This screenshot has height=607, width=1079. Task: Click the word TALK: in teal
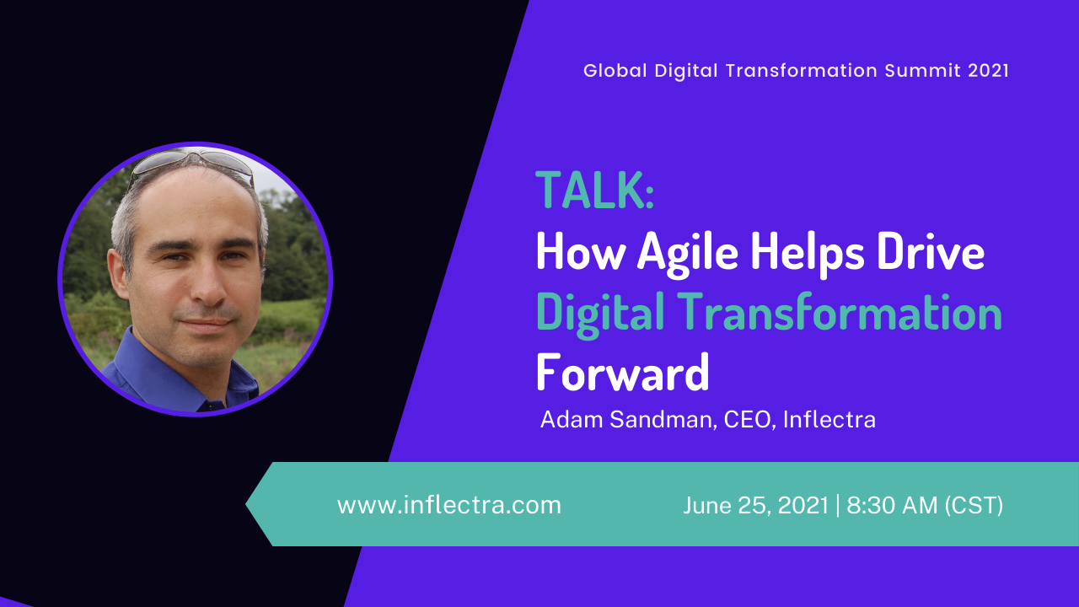[594, 190]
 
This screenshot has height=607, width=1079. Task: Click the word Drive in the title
[931, 251]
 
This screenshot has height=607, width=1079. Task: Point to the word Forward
[622, 372]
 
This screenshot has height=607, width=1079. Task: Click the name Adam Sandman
[625, 419]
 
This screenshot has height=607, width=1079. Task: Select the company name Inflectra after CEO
[829, 419]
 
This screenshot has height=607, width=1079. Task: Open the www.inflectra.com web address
[449, 505]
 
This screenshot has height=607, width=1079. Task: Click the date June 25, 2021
[755, 505]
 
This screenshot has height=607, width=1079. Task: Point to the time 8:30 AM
[892, 505]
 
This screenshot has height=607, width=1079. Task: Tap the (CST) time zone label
[974, 505]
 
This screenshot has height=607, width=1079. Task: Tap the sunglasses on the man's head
[193, 163]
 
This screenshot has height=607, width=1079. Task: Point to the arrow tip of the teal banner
[246, 504]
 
